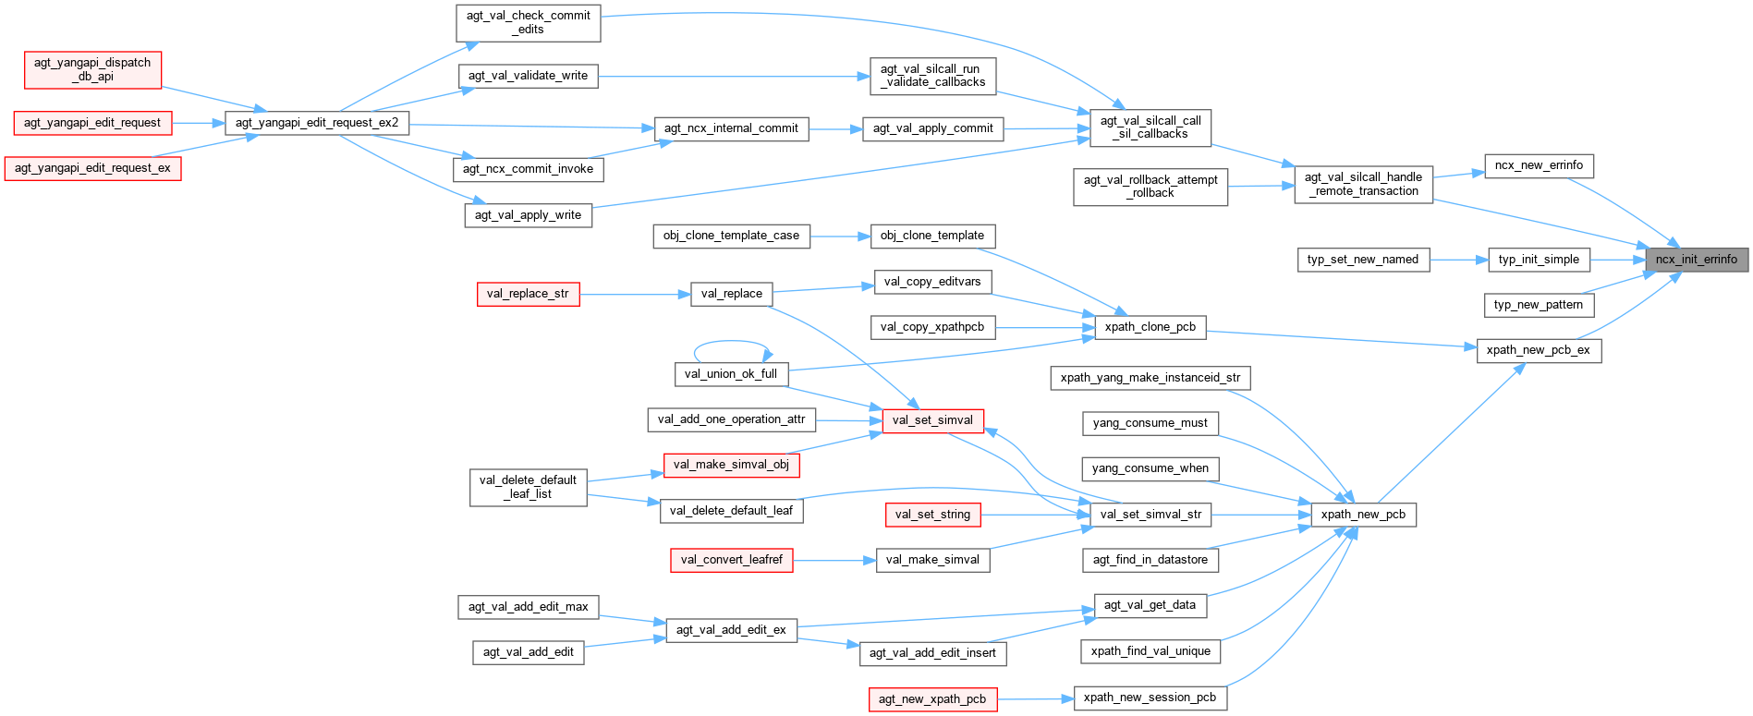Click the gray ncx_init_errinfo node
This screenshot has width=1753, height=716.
1697,260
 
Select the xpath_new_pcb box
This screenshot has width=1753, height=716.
1363,515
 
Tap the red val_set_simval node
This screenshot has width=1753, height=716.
932,420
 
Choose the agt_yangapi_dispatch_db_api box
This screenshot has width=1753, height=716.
92,69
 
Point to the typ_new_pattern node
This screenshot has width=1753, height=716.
1538,305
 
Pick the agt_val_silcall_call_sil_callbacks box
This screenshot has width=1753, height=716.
1150,127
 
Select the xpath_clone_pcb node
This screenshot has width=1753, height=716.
1150,327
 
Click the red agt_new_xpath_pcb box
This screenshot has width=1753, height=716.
932,699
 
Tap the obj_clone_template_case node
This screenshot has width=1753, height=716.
731,236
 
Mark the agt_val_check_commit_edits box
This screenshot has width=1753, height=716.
528,22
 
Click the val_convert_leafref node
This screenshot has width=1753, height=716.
731,560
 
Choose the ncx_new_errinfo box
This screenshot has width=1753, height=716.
1539,165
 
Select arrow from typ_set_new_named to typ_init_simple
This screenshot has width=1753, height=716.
1458,260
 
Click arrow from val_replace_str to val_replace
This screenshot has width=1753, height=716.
635,295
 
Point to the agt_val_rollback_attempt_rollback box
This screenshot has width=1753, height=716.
1150,187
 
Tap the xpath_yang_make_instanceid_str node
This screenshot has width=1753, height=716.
1150,378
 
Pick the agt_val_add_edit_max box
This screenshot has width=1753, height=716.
528,607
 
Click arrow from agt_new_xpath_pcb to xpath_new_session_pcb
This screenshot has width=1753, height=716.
1035,699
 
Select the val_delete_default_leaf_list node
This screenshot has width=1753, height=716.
528,487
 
